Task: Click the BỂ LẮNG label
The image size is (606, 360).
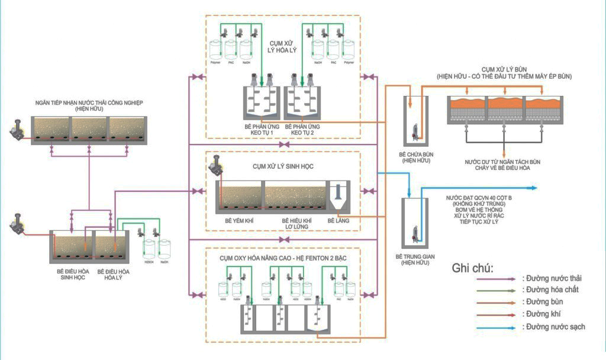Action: click(339, 219)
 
